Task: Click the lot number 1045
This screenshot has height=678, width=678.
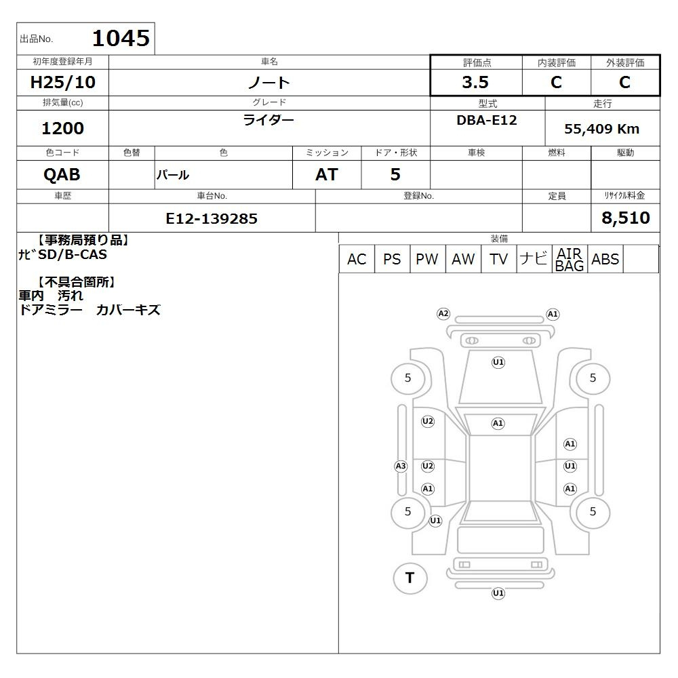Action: [121, 38]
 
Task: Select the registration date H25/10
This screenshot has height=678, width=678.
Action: [62, 82]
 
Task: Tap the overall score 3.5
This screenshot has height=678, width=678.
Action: [475, 82]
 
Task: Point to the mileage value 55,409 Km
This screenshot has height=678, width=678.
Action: [601, 129]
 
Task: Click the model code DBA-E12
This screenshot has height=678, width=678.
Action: [487, 120]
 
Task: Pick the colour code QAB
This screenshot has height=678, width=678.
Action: [62, 175]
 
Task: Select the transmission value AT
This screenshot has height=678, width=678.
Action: [327, 175]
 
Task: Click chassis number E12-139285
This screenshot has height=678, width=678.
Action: [212, 219]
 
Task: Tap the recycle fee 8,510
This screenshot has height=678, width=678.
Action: [626, 218]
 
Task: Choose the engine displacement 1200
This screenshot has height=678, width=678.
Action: [62, 128]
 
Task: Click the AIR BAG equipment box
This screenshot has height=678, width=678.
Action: [570, 259]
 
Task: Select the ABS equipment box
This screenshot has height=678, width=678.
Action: [605, 259]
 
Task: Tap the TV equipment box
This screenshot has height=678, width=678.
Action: [498, 259]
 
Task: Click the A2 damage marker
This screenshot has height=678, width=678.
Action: [443, 314]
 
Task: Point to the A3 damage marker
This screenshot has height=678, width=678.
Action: [401, 466]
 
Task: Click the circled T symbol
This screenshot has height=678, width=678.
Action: [410, 578]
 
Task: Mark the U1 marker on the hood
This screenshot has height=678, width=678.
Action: [498, 362]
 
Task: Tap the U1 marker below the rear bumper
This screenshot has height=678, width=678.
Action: [498, 593]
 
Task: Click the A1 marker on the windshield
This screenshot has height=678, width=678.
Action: [498, 423]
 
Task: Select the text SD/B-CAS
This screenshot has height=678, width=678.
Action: [73, 255]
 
